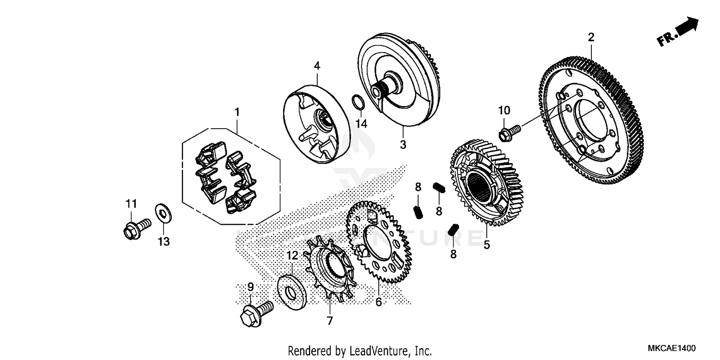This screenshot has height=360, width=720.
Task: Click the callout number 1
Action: point(236,112)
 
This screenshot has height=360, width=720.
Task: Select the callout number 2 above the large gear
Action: point(591,37)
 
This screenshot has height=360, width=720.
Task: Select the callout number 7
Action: point(329,321)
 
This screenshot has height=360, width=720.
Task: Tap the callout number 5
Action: point(486,245)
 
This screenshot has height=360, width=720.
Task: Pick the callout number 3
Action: point(403,144)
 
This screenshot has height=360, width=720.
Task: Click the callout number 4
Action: point(317,66)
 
